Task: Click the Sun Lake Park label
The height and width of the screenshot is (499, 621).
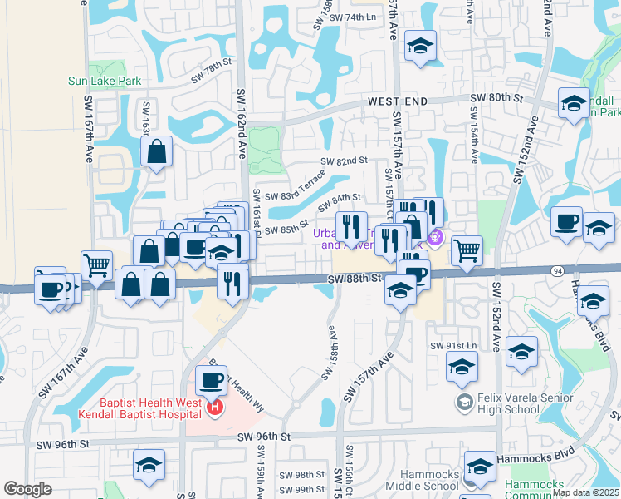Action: [105, 82]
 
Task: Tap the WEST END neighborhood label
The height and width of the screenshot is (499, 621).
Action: [399, 101]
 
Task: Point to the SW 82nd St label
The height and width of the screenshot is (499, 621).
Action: [344, 161]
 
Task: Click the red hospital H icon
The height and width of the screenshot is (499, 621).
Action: [215, 408]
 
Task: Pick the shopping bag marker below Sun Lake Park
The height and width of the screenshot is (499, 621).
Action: [156, 152]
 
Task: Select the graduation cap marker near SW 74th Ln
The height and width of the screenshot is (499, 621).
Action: [421, 46]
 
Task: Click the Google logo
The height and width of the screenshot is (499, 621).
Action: [27, 489]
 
